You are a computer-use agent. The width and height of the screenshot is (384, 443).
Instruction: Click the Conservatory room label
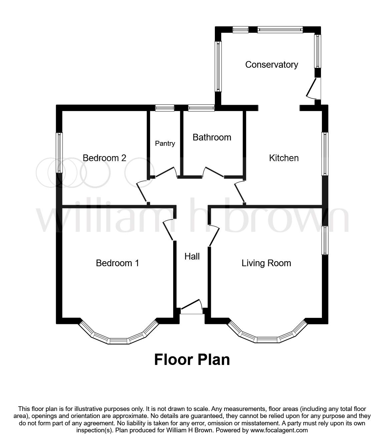(x=271, y=64)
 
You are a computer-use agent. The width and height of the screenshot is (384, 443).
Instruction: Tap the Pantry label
(x=165, y=143)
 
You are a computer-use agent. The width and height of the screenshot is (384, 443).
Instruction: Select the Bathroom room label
(x=212, y=137)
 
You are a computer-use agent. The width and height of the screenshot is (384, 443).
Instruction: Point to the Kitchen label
(x=284, y=158)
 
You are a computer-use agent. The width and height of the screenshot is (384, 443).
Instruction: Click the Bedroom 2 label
(x=104, y=158)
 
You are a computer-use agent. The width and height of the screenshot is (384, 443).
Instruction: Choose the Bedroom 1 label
(x=117, y=263)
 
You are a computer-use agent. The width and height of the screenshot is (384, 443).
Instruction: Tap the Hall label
(x=192, y=256)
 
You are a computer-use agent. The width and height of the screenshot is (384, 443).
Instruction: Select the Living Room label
(x=266, y=263)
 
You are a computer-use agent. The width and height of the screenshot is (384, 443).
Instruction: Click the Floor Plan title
(x=192, y=360)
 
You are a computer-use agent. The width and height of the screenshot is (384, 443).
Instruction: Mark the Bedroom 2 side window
(x=59, y=152)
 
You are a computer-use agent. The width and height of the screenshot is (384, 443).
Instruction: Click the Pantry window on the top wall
(x=165, y=108)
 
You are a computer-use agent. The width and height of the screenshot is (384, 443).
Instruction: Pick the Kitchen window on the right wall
(x=325, y=153)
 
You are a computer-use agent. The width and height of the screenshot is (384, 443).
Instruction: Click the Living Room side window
(x=325, y=240)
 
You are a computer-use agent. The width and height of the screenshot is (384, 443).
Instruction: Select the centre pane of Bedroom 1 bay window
(x=118, y=341)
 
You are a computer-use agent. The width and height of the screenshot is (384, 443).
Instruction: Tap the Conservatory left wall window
(x=218, y=66)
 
